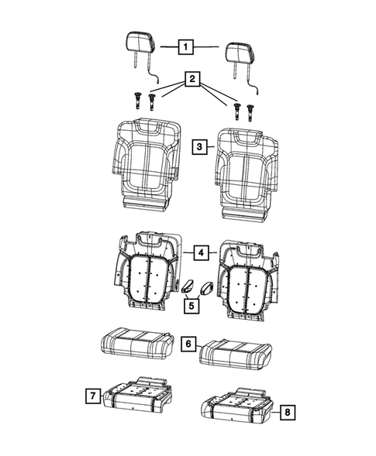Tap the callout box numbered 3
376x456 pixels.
pyautogui.click(x=199, y=146)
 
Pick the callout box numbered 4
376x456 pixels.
pyautogui.click(x=199, y=252)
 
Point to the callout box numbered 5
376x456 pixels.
pyautogui.click(x=191, y=305)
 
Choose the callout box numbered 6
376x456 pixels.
pyautogui.click(x=187, y=342)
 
